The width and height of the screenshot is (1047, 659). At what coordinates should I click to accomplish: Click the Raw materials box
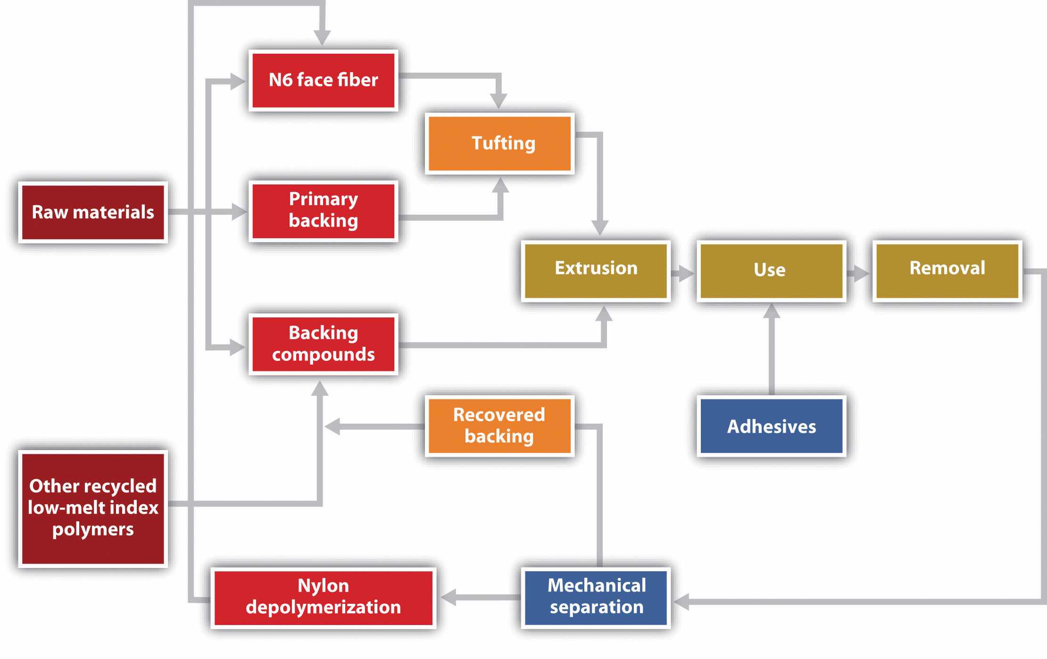pos(93,212)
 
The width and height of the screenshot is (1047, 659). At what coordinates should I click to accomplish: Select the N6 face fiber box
pos(324,80)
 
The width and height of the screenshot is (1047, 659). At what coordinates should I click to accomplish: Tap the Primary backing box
pos(324,211)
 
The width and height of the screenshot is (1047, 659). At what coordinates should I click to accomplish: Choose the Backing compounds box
pos(324,344)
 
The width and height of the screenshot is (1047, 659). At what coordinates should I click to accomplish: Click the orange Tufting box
pos(499,143)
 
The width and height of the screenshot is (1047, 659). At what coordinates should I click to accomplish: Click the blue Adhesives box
pos(771,426)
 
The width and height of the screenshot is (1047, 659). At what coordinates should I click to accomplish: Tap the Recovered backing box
pos(499,426)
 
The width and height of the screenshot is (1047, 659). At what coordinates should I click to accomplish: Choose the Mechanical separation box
pos(596,597)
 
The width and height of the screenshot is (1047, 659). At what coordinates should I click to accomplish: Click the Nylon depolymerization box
pos(324,597)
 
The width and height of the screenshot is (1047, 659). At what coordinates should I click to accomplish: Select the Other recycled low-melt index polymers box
pos(93,508)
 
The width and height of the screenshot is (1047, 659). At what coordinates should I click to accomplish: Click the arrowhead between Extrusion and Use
pos(686,273)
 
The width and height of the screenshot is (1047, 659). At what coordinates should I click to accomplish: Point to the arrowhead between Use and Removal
pos(861,273)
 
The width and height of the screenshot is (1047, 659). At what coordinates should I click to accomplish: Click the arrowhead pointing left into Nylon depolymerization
pos(448,597)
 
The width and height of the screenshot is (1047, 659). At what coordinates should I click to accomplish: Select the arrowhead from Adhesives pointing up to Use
pos(772,311)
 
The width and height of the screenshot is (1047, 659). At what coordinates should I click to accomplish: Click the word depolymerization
pos(324,608)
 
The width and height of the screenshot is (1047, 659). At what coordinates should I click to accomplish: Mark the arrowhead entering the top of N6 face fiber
pos(322,38)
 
